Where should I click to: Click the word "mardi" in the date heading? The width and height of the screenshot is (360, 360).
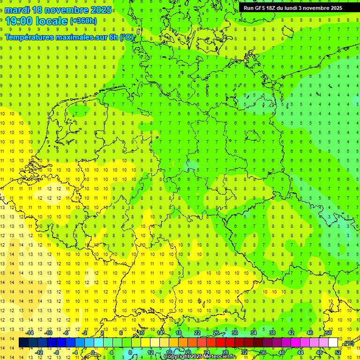[x=17, y=10]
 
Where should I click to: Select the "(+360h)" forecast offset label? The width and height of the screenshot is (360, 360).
[x=83, y=21]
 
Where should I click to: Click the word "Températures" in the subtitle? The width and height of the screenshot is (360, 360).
[x=30, y=37]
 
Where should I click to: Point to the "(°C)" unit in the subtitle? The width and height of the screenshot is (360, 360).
[x=126, y=37]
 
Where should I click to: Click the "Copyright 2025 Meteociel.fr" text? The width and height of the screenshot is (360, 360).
[x=200, y=357]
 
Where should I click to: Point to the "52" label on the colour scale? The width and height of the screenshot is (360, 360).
[x=338, y=352]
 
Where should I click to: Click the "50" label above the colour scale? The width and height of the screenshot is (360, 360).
[x=329, y=333]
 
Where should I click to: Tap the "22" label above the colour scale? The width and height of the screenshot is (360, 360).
[x=197, y=333]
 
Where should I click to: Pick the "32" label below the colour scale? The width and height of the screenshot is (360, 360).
[x=244, y=352]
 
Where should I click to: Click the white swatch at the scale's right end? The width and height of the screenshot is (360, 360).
[x=333, y=343]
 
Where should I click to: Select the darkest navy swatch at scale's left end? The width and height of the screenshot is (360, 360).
[x=23, y=343]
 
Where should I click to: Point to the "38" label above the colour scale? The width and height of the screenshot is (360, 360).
[x=272, y=333]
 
